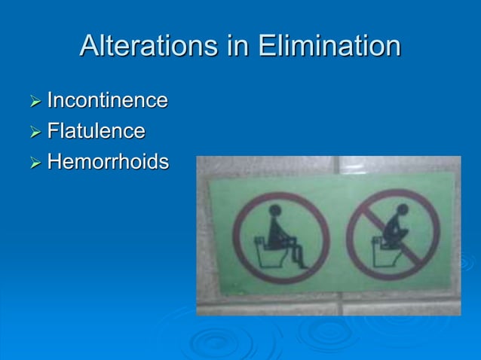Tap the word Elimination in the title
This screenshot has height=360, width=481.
329,46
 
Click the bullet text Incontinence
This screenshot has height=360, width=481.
107,100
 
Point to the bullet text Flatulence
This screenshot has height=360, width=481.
96,131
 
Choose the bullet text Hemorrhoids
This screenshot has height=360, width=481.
108,162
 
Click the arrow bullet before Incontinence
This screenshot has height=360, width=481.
35,101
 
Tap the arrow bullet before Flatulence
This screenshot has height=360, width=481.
35,132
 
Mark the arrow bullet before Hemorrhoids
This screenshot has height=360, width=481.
35,163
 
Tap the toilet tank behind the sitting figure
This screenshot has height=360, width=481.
258,242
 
